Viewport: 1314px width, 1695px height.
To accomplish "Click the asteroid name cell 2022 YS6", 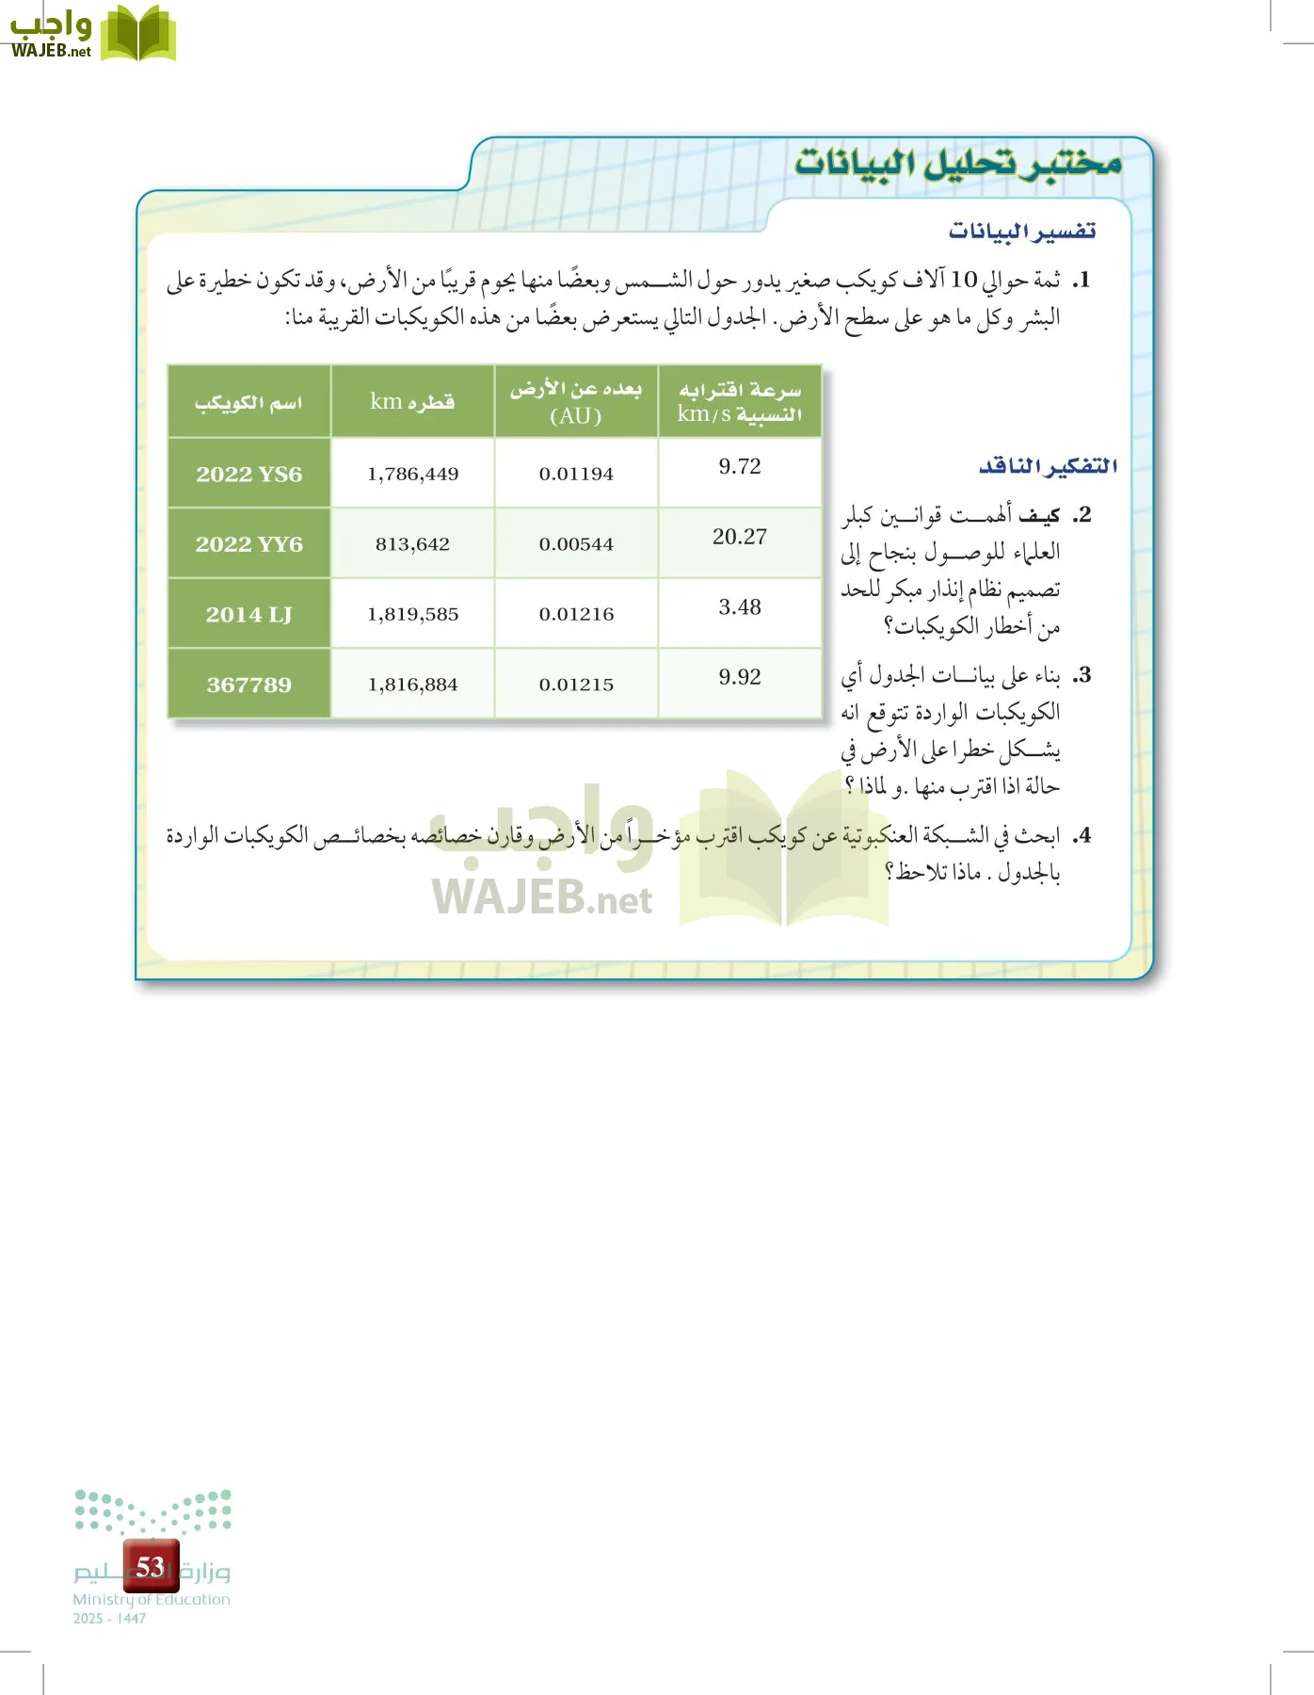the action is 249,474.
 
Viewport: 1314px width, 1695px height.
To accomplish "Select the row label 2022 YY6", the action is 249,544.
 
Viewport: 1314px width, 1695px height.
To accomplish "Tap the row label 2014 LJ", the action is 249,614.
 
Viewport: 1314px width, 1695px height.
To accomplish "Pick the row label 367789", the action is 249,685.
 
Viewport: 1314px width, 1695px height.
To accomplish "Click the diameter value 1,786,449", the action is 413,474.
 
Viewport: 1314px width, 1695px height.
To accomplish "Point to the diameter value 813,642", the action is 413,544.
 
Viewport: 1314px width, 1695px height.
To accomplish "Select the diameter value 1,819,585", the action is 413,614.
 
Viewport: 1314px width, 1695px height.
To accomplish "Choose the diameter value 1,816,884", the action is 413,685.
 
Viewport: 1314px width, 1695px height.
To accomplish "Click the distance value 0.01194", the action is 576,474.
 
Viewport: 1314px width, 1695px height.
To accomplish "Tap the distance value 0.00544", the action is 576,544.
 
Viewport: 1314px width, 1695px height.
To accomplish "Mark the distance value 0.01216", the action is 576,614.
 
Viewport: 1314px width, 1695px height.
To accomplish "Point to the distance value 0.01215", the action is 576,685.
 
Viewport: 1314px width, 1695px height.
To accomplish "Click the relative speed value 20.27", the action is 740,537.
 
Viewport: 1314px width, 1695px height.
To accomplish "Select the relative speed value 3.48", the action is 740,607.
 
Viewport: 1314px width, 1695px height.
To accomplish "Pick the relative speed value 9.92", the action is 740,677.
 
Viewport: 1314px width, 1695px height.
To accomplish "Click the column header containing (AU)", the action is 576,402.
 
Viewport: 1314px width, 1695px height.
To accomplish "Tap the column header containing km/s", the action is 740,402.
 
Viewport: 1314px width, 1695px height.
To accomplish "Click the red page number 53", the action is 151,1566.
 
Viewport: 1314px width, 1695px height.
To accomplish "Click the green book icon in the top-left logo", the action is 138,35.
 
